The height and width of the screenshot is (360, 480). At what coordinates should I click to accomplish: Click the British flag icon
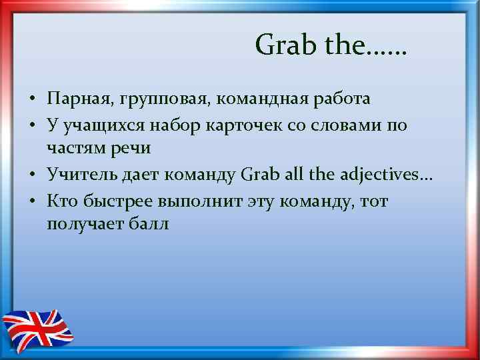pos(37,328)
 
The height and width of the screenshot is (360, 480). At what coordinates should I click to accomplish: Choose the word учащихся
pos(101,125)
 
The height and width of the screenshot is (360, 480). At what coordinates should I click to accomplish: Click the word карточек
pos(241,125)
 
